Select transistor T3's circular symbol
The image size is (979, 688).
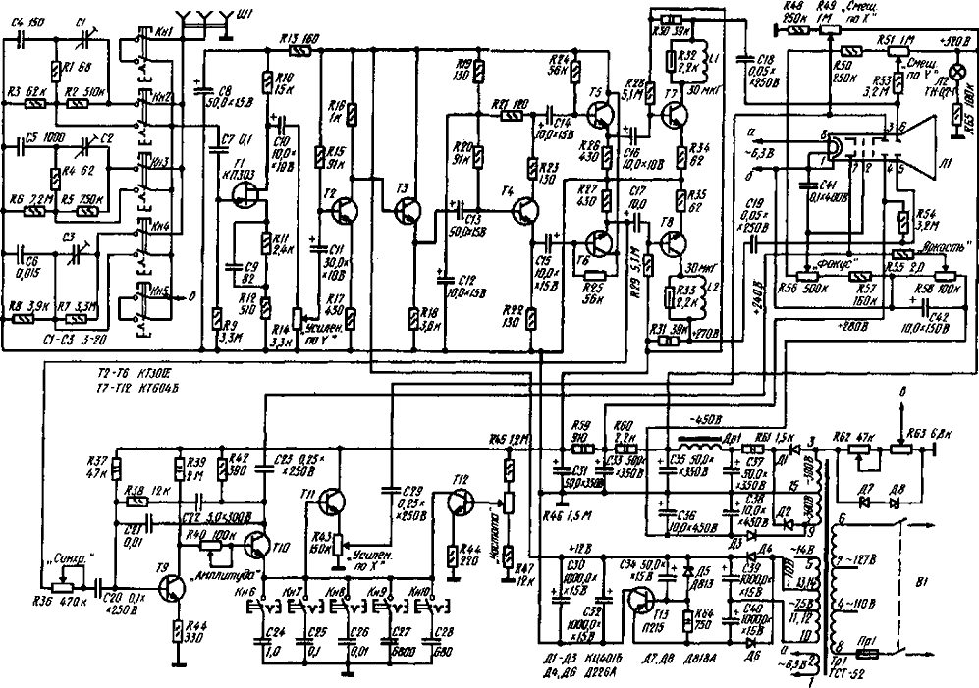pos(406,209)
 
